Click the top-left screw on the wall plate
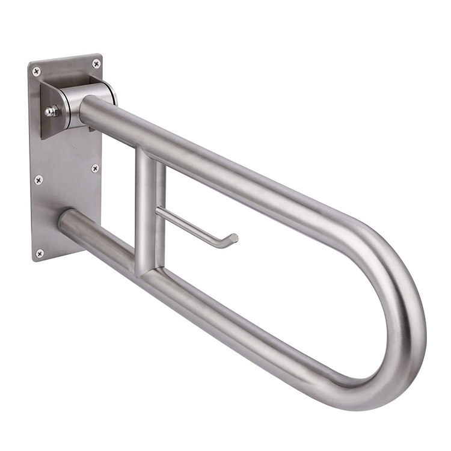(37, 71)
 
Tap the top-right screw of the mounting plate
(96, 63)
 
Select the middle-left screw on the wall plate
(38, 179)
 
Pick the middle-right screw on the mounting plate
(95, 169)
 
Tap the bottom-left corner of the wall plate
(34, 260)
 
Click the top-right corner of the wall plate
(101, 55)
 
